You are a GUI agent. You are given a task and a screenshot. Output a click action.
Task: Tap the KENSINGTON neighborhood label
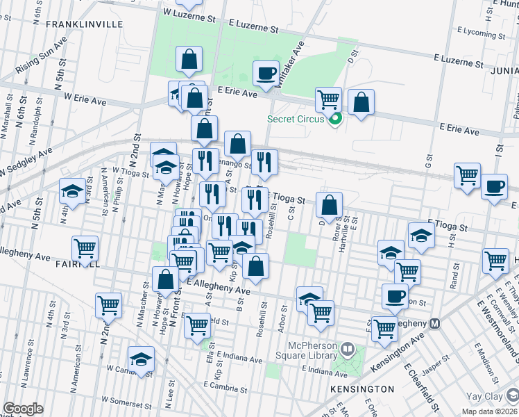click(364, 389)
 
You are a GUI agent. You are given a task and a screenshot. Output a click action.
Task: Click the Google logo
click(23, 409)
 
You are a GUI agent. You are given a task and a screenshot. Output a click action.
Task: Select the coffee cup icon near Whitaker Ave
click(266, 73)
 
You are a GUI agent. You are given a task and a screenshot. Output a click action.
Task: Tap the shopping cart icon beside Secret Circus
click(328, 99)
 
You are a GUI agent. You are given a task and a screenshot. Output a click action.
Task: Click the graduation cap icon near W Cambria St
click(142, 359)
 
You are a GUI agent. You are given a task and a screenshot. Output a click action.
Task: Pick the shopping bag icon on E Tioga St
click(330, 204)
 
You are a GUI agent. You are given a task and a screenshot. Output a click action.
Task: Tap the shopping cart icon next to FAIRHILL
click(85, 247)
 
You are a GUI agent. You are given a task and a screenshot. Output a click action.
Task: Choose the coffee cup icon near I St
click(494, 187)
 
